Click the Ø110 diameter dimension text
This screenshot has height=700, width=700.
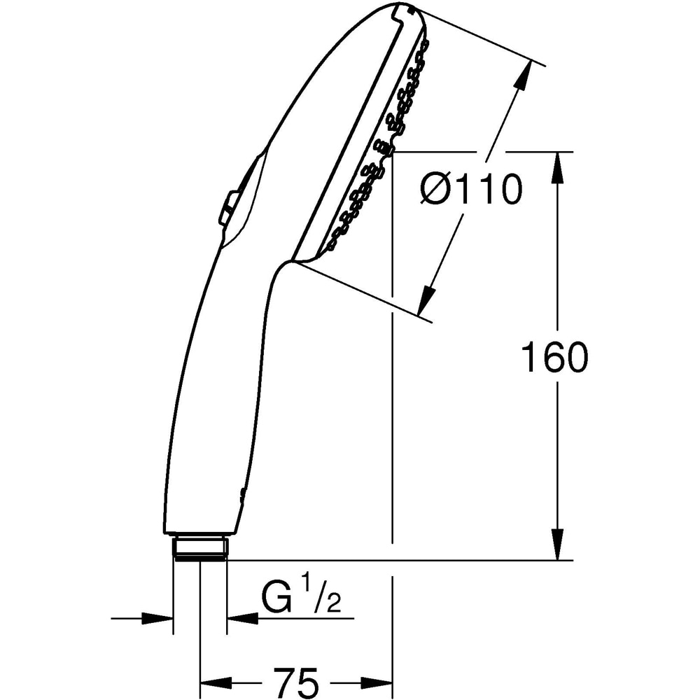click(x=471, y=190)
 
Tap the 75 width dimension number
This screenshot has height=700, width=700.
click(x=295, y=681)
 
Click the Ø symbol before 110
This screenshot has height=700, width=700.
click(x=436, y=190)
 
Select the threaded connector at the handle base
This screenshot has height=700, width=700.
click(x=200, y=547)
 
